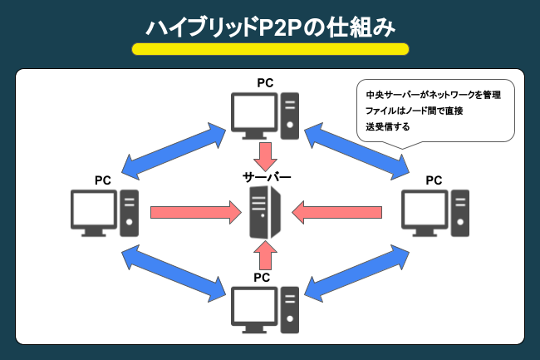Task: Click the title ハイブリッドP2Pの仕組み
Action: [270, 27]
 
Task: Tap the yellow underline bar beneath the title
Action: [270, 49]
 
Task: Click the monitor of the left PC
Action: [95, 213]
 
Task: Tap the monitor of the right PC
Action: [425, 213]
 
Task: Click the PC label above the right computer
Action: [434, 180]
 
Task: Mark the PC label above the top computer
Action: [265, 83]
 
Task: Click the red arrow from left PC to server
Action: [191, 213]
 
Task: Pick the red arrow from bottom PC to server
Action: [264, 254]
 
